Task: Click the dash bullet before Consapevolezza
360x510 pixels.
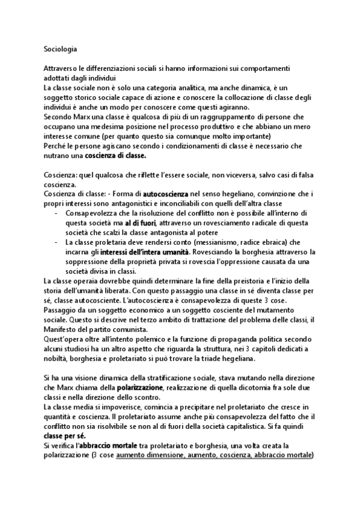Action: [56, 214]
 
